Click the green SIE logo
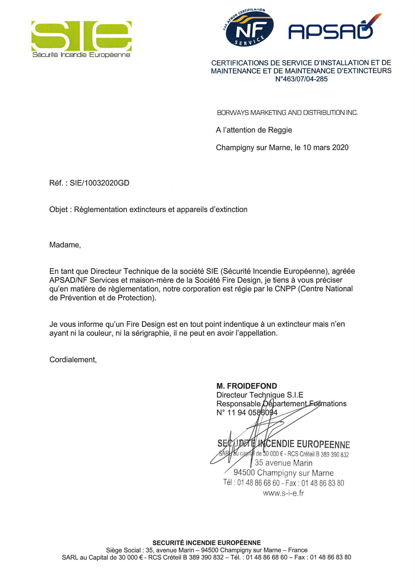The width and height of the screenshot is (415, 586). [x=81, y=36]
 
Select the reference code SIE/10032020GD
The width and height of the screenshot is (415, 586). [x=99, y=183]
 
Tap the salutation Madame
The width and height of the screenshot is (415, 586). [x=65, y=245]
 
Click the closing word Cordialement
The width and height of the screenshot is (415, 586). [x=73, y=360]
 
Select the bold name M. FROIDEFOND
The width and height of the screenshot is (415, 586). [x=247, y=386]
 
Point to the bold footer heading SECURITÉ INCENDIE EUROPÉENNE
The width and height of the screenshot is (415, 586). [x=206, y=543]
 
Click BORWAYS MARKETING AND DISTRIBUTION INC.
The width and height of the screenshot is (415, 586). [x=287, y=113]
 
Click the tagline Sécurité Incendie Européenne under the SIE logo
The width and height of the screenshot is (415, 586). [x=81, y=55]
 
